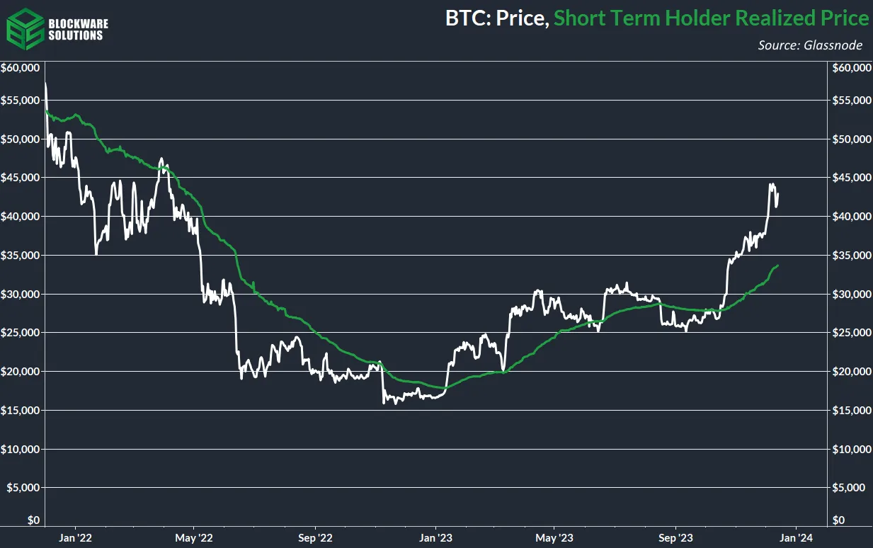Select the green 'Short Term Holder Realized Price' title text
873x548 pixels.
pos(711,18)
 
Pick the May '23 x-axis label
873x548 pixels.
pos(554,537)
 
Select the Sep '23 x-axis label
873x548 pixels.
pos(675,537)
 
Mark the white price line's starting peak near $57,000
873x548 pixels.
pos(45,84)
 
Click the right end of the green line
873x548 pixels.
pos(778,266)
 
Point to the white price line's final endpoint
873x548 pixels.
pos(778,195)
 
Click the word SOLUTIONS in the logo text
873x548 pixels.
pos(75,35)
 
